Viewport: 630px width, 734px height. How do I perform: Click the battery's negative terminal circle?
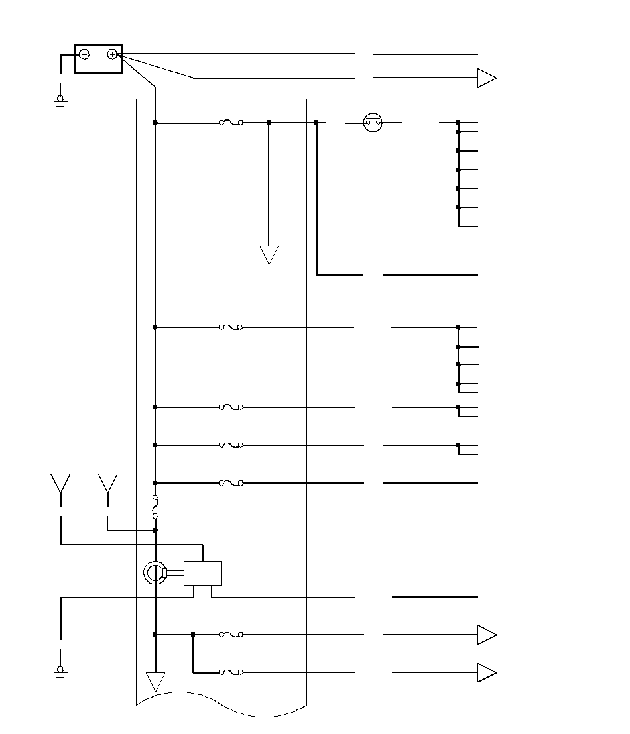pos(84,54)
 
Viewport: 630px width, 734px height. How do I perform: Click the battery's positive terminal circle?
pos(112,54)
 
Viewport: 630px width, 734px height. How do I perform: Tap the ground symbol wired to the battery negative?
pos(60,101)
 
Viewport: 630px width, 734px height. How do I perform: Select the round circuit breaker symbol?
pos(373,123)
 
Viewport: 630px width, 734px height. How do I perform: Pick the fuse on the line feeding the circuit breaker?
pos(231,123)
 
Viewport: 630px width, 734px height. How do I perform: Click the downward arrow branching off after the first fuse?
pos(269,254)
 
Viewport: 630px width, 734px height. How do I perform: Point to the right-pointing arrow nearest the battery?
pos(487,78)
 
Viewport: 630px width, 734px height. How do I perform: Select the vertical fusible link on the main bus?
pos(155,506)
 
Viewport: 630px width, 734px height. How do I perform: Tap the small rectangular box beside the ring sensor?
pos(202,573)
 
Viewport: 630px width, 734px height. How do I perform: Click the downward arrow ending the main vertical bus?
pos(155,681)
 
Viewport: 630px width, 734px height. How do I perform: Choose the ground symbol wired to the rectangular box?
pos(60,673)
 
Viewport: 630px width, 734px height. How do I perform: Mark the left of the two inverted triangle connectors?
pos(60,482)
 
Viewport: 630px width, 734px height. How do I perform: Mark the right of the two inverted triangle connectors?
pos(107,482)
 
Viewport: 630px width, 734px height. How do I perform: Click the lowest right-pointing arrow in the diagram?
pos(487,673)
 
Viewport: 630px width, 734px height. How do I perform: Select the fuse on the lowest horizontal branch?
pos(231,672)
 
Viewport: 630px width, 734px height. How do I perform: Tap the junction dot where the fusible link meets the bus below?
pos(155,530)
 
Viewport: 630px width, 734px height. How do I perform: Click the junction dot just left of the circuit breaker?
pos(316,123)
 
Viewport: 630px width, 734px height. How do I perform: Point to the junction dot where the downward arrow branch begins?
pos(269,123)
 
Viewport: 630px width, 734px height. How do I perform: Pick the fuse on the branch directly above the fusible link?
pos(231,483)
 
